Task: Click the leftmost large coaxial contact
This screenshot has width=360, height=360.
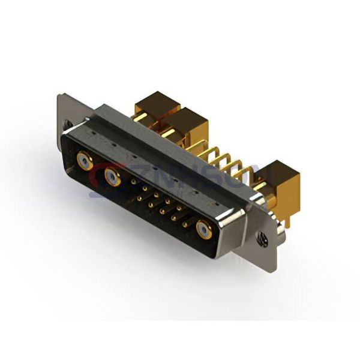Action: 85,160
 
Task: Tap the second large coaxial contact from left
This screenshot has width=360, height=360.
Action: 111,176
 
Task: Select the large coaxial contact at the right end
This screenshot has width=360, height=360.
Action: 204,229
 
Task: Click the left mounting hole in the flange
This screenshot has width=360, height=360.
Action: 67,125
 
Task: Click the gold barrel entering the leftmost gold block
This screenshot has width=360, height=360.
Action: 139,119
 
